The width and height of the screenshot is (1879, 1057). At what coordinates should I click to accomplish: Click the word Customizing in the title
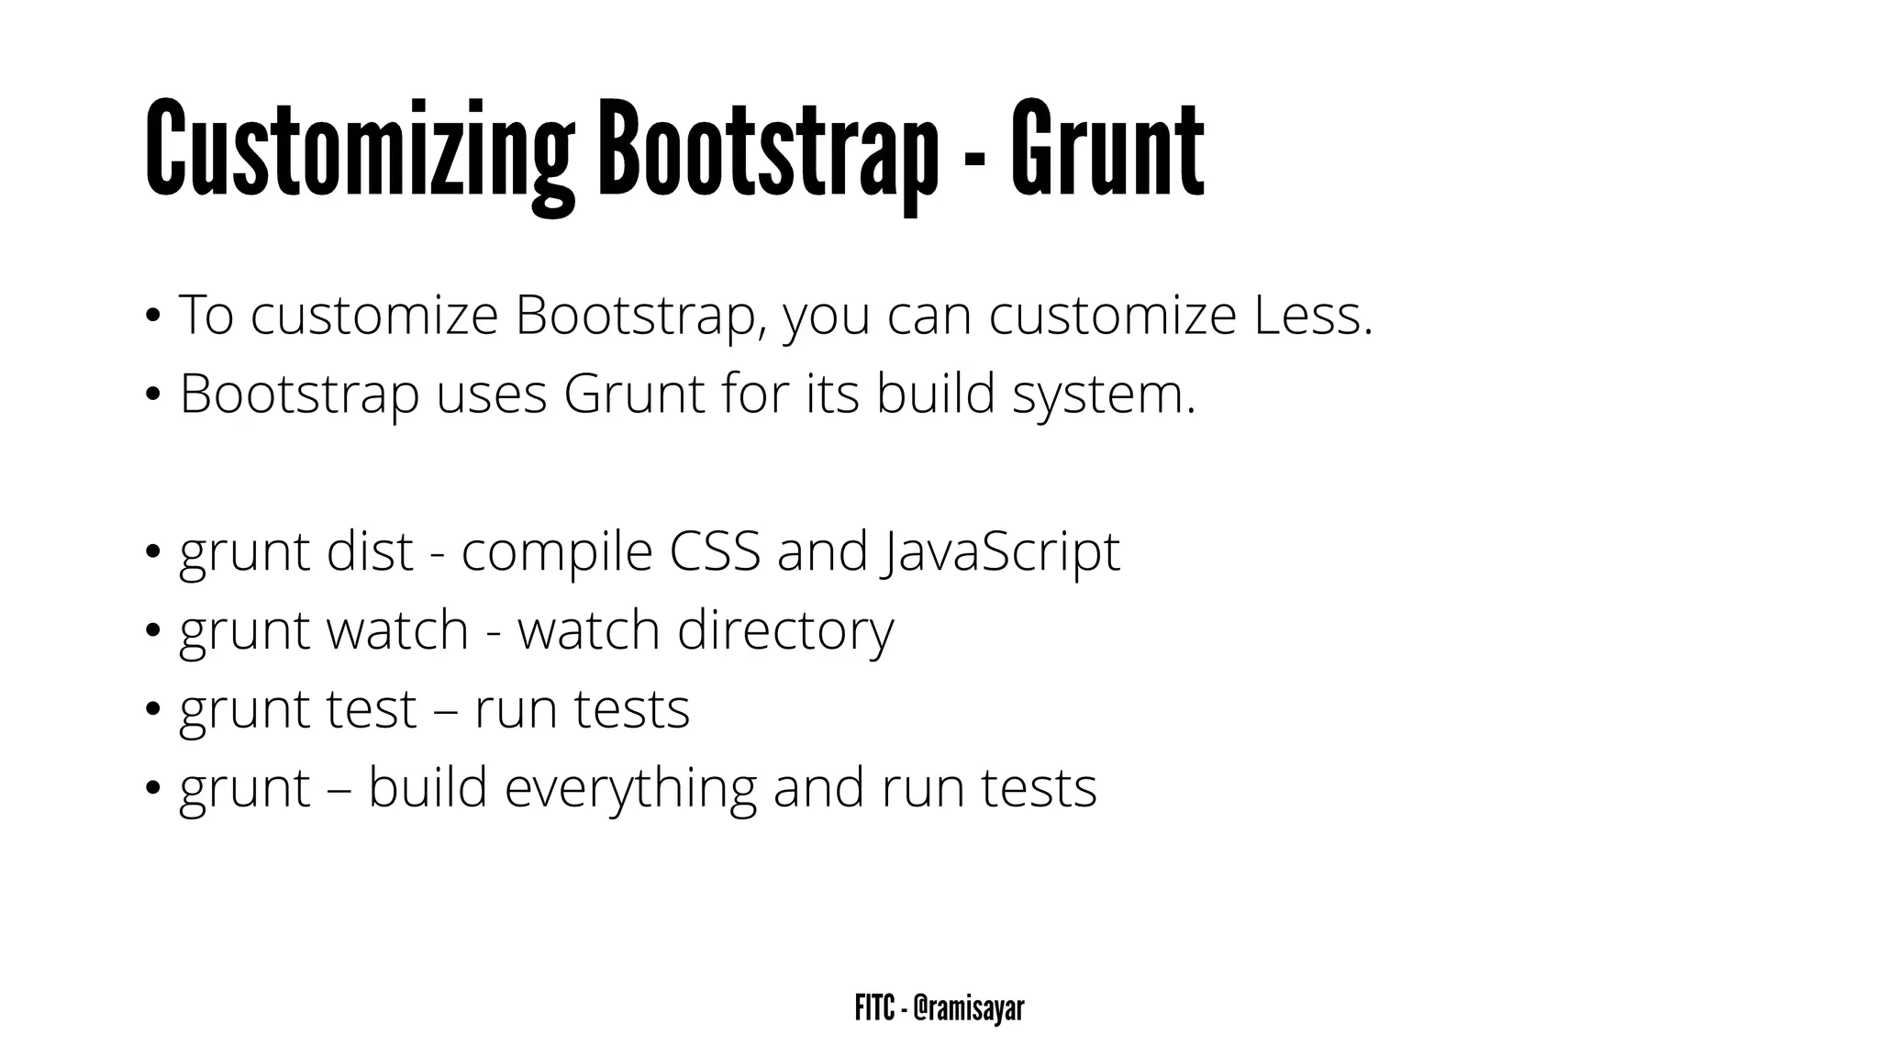coord(359,151)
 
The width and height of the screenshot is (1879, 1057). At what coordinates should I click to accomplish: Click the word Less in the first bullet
coord(1312,315)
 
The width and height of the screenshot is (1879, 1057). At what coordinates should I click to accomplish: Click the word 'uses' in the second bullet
coord(491,395)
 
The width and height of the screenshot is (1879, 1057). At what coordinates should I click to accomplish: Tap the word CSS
coord(715,551)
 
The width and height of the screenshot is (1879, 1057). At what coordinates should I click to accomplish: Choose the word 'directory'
coord(785,631)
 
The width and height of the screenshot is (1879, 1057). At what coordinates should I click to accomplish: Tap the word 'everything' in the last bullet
coord(630,789)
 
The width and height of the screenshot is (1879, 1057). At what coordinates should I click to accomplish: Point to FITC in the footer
coord(874,1008)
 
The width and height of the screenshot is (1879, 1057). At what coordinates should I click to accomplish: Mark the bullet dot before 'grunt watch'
coord(153,631)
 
